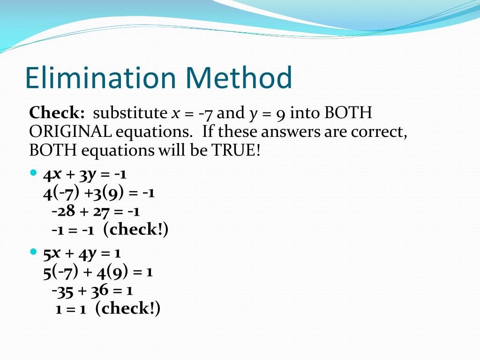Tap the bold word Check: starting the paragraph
(57, 112)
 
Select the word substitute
(130, 112)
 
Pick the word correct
(379, 132)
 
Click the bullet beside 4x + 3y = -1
(33, 172)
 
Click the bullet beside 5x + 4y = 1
(33, 252)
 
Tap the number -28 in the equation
(63, 211)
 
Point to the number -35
(62, 291)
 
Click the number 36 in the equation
(100, 291)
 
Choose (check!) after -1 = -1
(136, 229)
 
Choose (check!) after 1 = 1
(127, 308)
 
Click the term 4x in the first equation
(52, 175)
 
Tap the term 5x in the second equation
(52, 254)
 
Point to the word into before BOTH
(305, 112)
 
